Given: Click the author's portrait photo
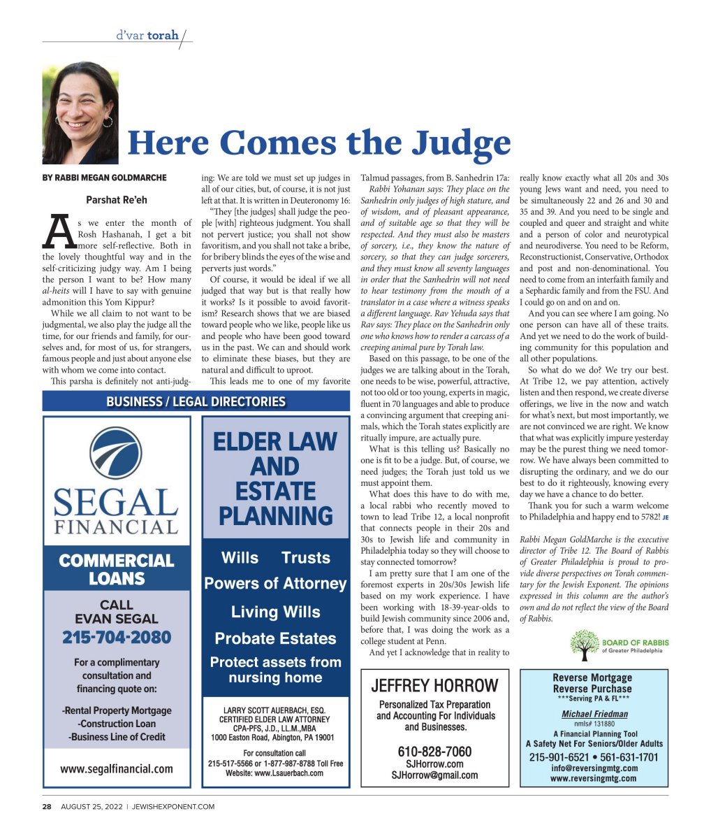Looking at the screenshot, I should pos(80,113).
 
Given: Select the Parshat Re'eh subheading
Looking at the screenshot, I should pos(117,201).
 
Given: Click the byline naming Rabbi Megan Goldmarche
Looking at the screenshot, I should pos(105,178).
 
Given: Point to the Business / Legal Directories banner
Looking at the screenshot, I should pos(196,401).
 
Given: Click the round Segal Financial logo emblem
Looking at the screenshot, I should pos(116,454).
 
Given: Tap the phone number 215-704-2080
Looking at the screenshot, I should pos(116,637).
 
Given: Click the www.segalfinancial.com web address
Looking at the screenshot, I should pos(117,768).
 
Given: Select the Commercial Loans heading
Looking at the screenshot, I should pos(117,569).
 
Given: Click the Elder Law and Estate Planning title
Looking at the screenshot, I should pos(275,479).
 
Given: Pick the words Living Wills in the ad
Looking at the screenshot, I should pos(275,612).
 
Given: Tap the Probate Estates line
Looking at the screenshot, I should pos(275,638).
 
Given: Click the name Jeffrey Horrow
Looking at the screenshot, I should pos(434,685).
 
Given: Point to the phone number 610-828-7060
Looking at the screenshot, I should pos(434,752).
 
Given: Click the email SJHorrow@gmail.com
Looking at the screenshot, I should pos(434,775).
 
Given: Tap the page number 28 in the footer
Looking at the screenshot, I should pos(47,806).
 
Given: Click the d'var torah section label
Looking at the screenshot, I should pos(147,34).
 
